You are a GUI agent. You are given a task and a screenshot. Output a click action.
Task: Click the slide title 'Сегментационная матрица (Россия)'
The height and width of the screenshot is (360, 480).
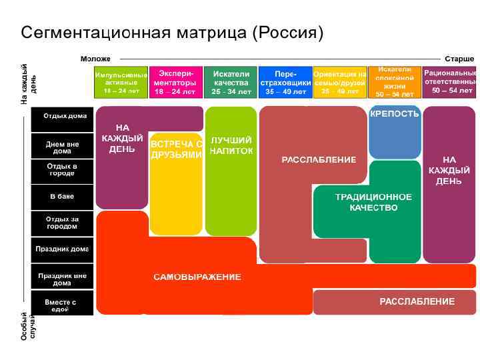[172, 32]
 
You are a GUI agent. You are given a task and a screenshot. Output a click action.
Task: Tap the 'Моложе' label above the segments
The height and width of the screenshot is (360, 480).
[95, 59]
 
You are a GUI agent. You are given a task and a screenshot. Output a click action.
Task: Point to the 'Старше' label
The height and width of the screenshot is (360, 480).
[459, 59]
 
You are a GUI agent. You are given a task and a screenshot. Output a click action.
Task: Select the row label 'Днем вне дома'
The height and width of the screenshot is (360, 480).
[62, 147]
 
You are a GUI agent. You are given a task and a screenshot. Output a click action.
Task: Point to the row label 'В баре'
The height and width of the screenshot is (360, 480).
[62, 197]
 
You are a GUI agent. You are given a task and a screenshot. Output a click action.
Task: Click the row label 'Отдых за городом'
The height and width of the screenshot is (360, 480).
[62, 223]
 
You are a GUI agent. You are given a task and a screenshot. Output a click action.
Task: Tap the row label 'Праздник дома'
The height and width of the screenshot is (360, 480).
[62, 249]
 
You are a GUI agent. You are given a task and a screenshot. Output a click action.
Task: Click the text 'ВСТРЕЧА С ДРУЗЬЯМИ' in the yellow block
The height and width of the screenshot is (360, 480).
[176, 149]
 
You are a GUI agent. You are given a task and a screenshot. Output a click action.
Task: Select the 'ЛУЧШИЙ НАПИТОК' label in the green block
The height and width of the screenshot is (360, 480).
[231, 146]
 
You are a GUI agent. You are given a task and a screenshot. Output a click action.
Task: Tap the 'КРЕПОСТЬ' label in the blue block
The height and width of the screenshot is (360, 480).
[395, 114]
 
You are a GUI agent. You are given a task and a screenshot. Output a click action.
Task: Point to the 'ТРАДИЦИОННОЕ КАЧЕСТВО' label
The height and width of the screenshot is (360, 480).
[373, 203]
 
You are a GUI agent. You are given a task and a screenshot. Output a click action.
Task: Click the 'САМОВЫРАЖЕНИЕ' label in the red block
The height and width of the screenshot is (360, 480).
[197, 277]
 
